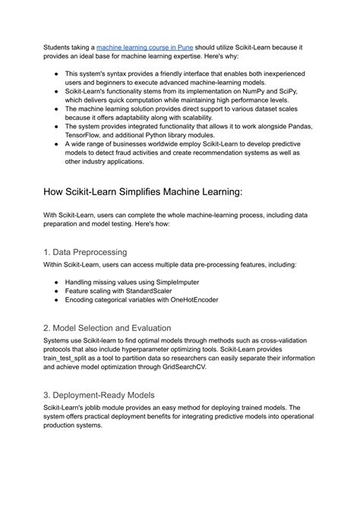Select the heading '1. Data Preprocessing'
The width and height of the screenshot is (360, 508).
[x=85, y=251]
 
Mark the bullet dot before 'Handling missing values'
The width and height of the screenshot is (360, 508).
[x=58, y=282]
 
